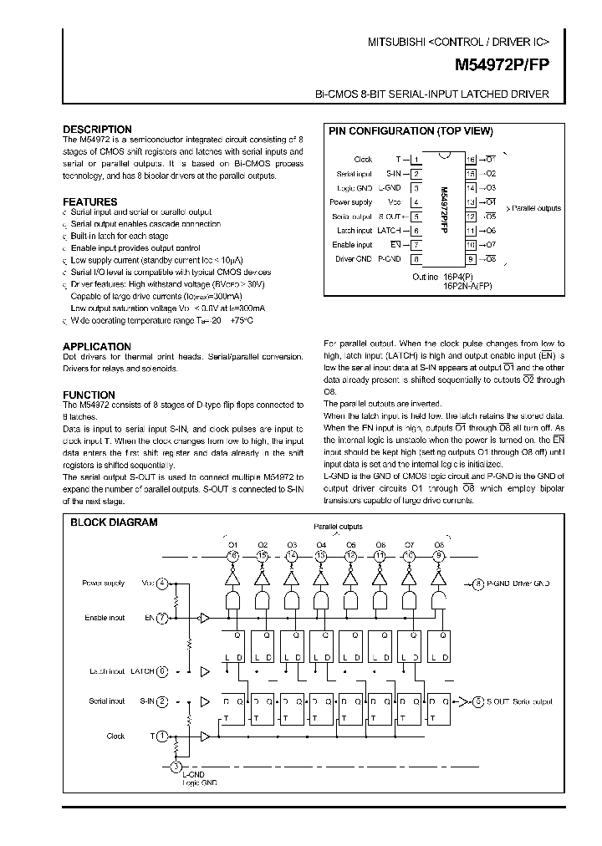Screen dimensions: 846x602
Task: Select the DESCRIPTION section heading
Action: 97,130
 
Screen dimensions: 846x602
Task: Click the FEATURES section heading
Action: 89,201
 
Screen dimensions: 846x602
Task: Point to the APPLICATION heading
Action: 97,346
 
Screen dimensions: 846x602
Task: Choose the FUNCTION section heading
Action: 89,395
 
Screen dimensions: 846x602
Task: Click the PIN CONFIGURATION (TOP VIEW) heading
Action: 411,131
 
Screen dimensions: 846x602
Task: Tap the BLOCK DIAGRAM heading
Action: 113,522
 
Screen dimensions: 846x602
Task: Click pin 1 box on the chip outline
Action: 415,160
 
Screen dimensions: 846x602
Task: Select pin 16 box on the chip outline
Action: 471,160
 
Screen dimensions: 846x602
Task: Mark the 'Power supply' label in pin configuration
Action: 350,202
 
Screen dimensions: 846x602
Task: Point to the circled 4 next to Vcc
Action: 161,584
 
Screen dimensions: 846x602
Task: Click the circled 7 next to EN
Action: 161,618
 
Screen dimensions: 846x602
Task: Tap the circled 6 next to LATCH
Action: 161,671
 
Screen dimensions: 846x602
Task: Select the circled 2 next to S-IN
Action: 161,701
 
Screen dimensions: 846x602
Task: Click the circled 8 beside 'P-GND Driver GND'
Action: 477,584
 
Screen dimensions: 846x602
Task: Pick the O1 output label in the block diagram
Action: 233,544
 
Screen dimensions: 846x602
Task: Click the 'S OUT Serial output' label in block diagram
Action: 519,701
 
